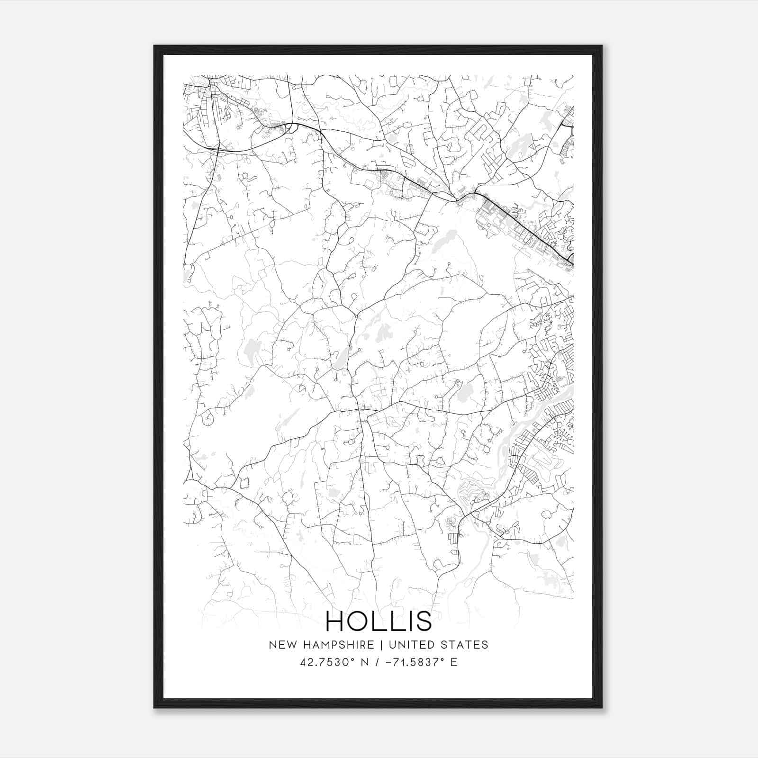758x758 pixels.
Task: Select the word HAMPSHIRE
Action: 336,645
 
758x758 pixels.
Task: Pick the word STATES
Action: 464,645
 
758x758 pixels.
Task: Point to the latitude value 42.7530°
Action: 327,662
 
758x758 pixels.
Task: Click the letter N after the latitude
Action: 365,662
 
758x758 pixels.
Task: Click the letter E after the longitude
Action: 454,662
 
